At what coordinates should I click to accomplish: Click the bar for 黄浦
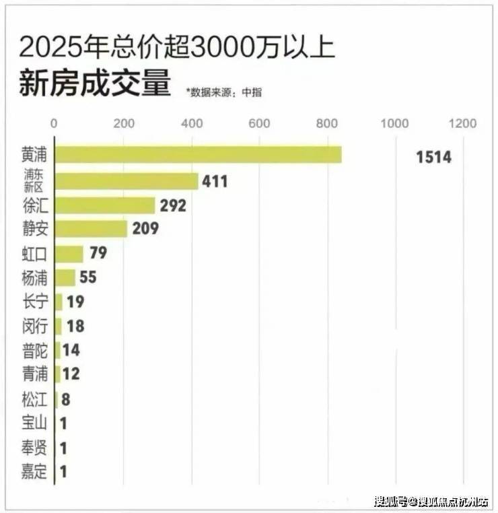(198, 155)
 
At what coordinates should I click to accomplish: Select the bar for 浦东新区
(126, 181)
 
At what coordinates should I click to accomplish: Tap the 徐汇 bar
(104, 205)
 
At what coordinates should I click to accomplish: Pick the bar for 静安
(90, 229)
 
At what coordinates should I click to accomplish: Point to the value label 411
(215, 182)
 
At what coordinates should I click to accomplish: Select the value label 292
(172, 206)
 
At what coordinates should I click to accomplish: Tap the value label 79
(98, 254)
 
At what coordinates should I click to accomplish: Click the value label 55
(89, 277)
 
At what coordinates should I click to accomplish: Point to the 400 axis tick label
(190, 124)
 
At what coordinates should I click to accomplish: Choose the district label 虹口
(35, 254)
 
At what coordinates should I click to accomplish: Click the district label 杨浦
(35, 277)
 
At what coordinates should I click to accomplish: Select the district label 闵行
(35, 326)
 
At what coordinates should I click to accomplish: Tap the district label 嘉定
(35, 472)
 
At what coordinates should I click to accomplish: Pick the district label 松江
(35, 400)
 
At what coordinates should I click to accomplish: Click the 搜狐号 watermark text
(389, 502)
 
